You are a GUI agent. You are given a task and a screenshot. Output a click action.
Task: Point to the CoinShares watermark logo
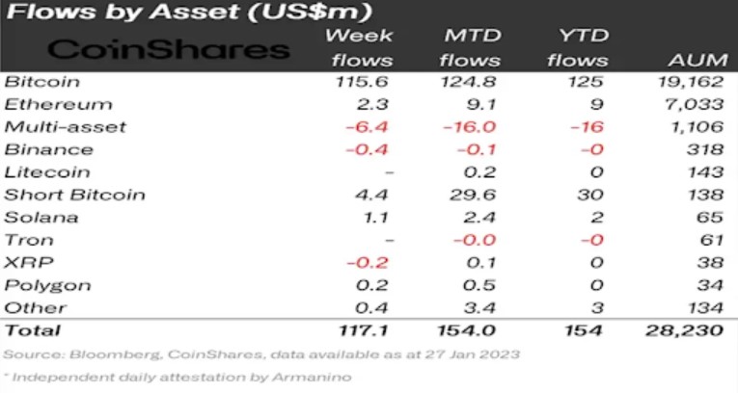[169, 50]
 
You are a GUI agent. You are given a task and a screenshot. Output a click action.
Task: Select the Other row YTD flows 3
[597, 307]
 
